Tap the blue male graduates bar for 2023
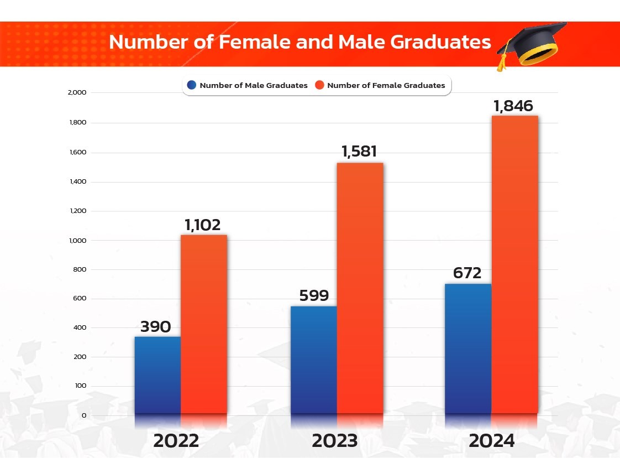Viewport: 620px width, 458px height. point(313,360)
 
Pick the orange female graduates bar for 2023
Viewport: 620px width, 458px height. point(360,288)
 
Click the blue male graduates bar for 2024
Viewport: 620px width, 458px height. point(468,348)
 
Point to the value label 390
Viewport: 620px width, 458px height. point(155,327)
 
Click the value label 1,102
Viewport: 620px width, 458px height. point(202,225)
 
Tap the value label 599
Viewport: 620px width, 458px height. point(314,296)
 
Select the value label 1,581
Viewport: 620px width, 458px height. point(360,152)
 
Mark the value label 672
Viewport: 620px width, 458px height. point(467,273)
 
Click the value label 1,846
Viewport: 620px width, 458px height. point(514,106)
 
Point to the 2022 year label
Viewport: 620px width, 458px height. point(176,441)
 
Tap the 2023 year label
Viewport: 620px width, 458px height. point(334,441)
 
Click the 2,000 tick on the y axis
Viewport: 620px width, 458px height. point(76,92)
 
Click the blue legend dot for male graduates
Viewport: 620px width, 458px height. point(192,85)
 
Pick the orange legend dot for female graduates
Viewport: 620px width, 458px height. point(319,85)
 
